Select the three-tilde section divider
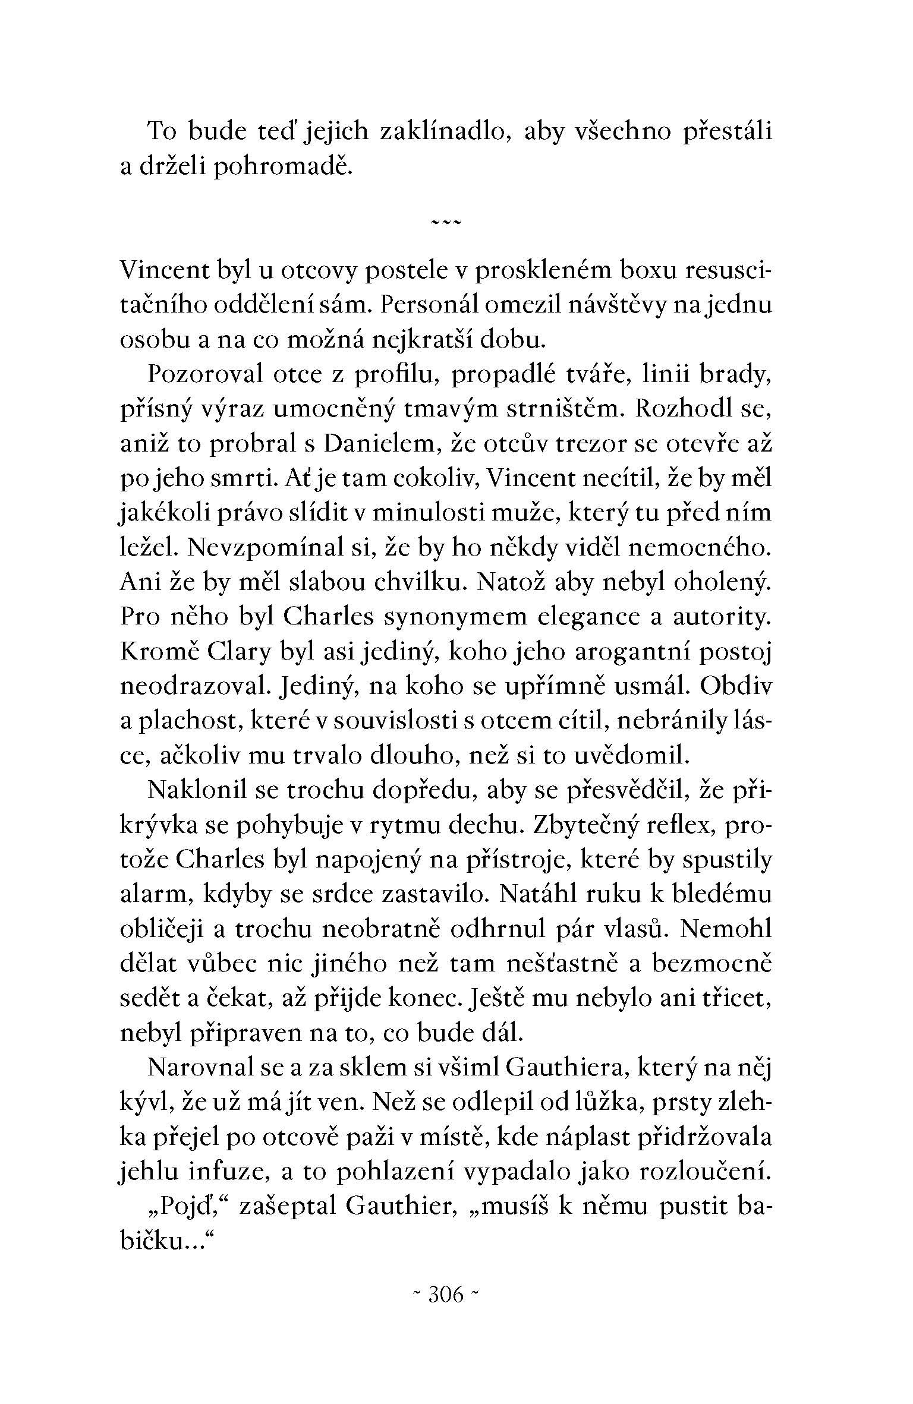tap(445, 222)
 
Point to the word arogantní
tap(627, 652)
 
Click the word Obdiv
tap(736, 686)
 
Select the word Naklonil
tap(196, 790)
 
